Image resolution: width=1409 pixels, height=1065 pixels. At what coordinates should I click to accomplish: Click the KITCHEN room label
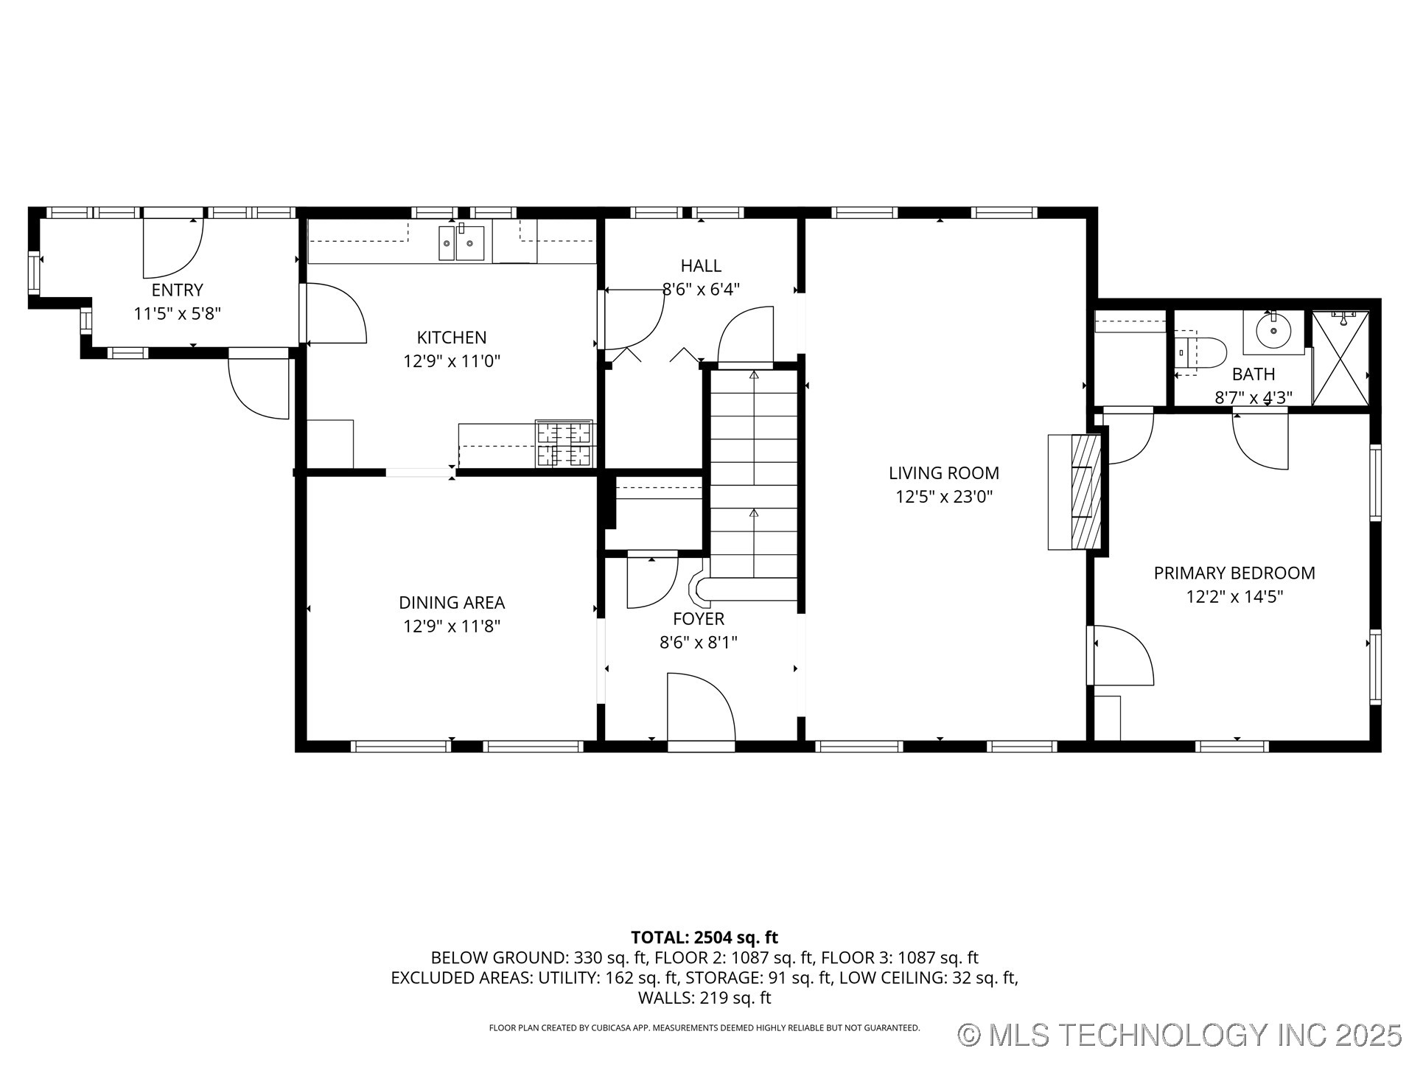[x=451, y=338]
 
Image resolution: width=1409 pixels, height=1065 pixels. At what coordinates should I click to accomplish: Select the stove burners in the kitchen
[x=564, y=443]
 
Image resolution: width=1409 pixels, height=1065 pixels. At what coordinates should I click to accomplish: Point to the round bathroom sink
[x=1273, y=331]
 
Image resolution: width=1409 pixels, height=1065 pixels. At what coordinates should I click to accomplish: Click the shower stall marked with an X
[x=1340, y=358]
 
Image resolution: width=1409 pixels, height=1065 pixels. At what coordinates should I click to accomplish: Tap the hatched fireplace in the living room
[x=1085, y=492]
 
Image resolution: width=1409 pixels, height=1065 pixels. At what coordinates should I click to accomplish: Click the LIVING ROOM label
[x=943, y=473]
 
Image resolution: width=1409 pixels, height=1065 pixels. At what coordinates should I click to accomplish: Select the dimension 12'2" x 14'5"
[x=1234, y=596]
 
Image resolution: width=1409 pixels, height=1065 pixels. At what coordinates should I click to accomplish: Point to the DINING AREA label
[x=451, y=603]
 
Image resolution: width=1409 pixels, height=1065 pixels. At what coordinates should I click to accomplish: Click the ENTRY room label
[x=177, y=290]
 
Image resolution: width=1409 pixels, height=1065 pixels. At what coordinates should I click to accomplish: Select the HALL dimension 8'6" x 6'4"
[x=700, y=290]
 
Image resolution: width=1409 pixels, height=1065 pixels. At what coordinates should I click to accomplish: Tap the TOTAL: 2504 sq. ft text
[x=704, y=937]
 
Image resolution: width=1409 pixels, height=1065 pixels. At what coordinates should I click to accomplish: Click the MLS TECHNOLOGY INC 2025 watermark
[x=1179, y=1035]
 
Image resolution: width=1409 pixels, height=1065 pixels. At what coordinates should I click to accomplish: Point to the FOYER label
[x=698, y=619]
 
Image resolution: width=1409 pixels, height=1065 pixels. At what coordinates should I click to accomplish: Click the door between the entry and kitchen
[x=335, y=315]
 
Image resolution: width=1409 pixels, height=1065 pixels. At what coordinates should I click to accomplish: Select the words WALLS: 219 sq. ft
[x=704, y=998]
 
